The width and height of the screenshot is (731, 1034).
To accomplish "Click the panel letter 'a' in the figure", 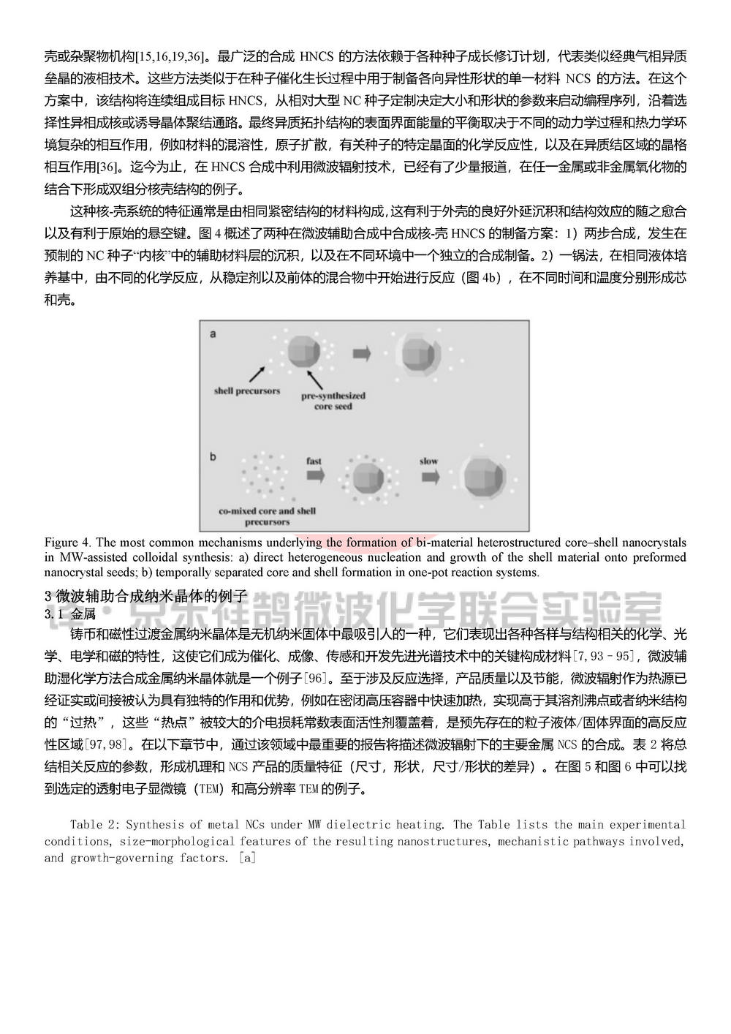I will click(213, 334).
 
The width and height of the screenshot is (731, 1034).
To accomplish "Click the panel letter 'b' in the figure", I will click(213, 457).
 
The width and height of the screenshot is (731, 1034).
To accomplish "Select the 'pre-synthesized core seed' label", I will click(333, 400).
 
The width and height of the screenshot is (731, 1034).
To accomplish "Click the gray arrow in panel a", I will click(361, 353).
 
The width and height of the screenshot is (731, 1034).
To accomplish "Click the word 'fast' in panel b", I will click(314, 461).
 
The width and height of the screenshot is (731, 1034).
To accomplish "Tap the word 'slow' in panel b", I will click(428, 461).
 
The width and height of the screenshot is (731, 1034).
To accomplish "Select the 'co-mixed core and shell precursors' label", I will click(268, 516).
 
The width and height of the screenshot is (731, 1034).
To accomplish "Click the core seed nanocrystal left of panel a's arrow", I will click(304, 352).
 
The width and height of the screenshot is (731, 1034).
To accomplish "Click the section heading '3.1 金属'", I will click(64, 614).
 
